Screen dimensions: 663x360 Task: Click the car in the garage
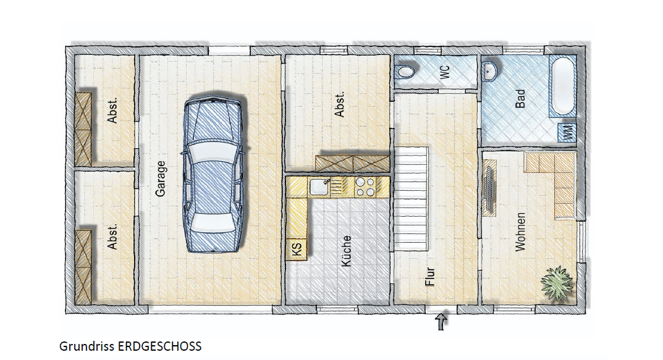coord(214,174)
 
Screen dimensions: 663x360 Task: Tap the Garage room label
coord(160,178)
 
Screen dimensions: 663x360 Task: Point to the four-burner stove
coord(365,186)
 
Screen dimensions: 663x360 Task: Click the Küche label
coord(346,251)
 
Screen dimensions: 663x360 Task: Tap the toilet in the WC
coord(405,72)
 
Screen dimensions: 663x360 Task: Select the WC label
coord(445,72)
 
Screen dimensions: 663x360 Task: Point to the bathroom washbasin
coord(490,70)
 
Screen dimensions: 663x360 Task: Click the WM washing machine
coord(567,132)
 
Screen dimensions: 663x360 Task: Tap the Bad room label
coord(520,98)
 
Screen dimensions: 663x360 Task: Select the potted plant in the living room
coord(557,283)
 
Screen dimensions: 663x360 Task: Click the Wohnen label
coord(520,232)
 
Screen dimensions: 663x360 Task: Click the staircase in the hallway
coord(412,199)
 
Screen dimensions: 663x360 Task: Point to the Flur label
coord(430,277)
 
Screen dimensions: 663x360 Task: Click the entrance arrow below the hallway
coord(441,322)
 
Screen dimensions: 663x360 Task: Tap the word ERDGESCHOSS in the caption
coord(159,346)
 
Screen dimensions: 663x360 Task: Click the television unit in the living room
coord(489,188)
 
